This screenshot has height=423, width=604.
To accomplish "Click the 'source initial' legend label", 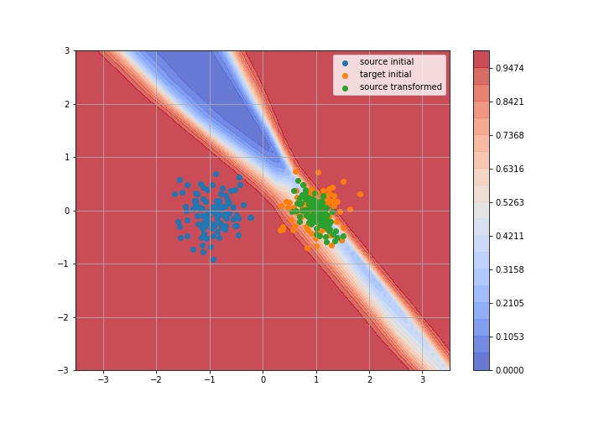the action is coord(387,61).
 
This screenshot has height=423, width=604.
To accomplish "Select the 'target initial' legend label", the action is coord(385,75).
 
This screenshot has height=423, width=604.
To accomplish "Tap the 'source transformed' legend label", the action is coord(401,87).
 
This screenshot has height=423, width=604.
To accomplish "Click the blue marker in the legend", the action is coord(345,63).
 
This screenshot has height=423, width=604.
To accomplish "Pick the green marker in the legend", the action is coord(345,88).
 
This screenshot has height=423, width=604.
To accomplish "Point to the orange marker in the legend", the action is coord(345,76).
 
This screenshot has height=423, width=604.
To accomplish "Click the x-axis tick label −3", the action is coord(103,380).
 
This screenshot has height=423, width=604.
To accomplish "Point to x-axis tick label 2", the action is coord(370,380).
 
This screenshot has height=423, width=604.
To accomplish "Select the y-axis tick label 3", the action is coord(67,51).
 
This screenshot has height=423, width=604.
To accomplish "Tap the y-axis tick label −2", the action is coord(64,317).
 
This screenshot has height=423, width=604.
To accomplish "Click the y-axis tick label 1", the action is coord(67,158).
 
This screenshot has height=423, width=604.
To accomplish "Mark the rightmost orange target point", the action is coord(360,195).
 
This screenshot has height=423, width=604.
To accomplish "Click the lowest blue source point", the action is coord(213,259).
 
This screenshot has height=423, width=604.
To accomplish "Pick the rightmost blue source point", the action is coord(251,217).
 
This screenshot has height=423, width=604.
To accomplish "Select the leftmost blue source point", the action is coord(174,194).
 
